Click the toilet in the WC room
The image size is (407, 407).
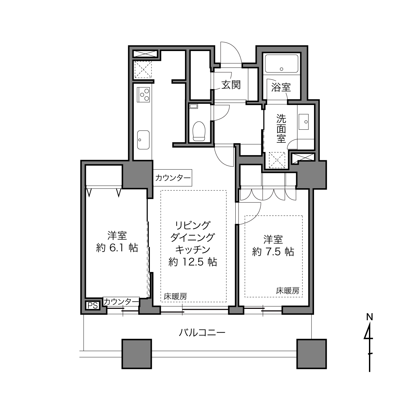click(x=199, y=131)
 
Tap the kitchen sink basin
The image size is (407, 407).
click(x=143, y=139)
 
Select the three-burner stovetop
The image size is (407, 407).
click(x=143, y=95)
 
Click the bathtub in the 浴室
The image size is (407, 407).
click(x=281, y=64)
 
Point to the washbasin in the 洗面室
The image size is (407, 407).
click(x=304, y=122)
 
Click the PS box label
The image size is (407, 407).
click(x=93, y=305)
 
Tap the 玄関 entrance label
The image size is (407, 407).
click(x=231, y=85)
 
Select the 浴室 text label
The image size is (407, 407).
click(x=281, y=87)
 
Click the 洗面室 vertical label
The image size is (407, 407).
click(x=281, y=129)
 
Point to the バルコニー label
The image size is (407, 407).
click(x=202, y=333)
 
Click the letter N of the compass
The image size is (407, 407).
click(x=369, y=317)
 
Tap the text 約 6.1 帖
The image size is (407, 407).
click(x=117, y=248)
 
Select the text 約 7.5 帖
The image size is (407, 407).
click(x=273, y=252)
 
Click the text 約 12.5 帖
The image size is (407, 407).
click(x=193, y=262)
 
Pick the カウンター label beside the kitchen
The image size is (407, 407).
click(x=173, y=178)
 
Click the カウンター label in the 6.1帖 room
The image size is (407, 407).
click(x=121, y=302)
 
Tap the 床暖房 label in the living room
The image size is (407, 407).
click(x=175, y=297)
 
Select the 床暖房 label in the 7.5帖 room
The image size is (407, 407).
click(x=287, y=291)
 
